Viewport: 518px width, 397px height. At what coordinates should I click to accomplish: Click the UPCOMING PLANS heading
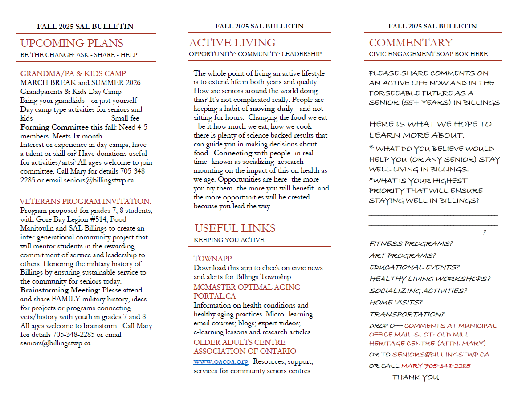(72, 43)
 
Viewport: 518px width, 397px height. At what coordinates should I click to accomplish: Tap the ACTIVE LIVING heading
(232, 43)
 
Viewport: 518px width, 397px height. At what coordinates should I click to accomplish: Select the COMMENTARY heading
(411, 43)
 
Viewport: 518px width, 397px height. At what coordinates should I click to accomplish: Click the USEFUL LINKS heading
(235, 228)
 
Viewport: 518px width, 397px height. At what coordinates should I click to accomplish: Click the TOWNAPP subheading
(212, 259)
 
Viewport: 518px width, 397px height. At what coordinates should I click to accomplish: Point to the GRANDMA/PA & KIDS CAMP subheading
(73, 73)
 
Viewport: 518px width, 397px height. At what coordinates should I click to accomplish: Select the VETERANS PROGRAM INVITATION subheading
(85, 201)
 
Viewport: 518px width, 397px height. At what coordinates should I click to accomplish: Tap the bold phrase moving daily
(271, 109)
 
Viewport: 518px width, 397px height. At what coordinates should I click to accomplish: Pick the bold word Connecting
(233, 153)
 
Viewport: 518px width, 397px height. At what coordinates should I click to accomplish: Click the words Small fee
(125, 118)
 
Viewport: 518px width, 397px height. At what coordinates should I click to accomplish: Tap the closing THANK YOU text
(415, 377)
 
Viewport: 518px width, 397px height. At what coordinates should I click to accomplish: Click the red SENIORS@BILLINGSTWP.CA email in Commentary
(441, 355)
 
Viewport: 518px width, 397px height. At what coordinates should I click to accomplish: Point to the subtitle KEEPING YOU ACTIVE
(228, 240)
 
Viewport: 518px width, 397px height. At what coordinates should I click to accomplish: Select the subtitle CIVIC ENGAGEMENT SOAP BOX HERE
(428, 54)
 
